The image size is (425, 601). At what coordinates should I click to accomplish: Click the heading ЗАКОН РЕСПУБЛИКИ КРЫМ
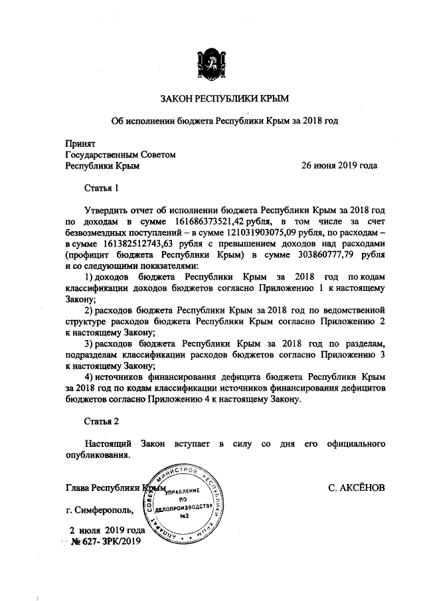213,99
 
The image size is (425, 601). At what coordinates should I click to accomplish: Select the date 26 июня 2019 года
341,165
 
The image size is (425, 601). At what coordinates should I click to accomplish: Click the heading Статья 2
102,422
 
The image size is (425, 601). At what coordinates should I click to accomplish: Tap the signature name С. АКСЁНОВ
357,487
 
